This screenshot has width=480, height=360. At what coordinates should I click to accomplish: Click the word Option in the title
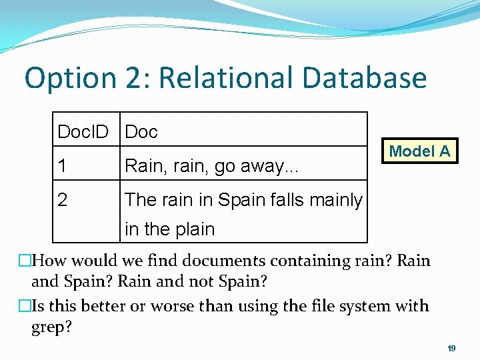[x=62, y=78]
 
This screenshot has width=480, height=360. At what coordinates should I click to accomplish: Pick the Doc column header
[x=141, y=132]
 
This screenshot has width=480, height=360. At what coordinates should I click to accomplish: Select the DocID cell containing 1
[x=62, y=166]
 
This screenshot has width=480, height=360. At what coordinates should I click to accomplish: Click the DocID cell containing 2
[x=62, y=199]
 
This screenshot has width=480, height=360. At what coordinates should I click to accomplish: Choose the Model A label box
[x=419, y=151]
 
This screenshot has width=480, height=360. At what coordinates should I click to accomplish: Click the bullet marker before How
[x=25, y=261]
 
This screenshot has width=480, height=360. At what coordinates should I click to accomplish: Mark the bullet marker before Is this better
[x=25, y=306]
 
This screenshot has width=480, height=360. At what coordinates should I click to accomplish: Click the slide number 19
[x=451, y=349]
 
